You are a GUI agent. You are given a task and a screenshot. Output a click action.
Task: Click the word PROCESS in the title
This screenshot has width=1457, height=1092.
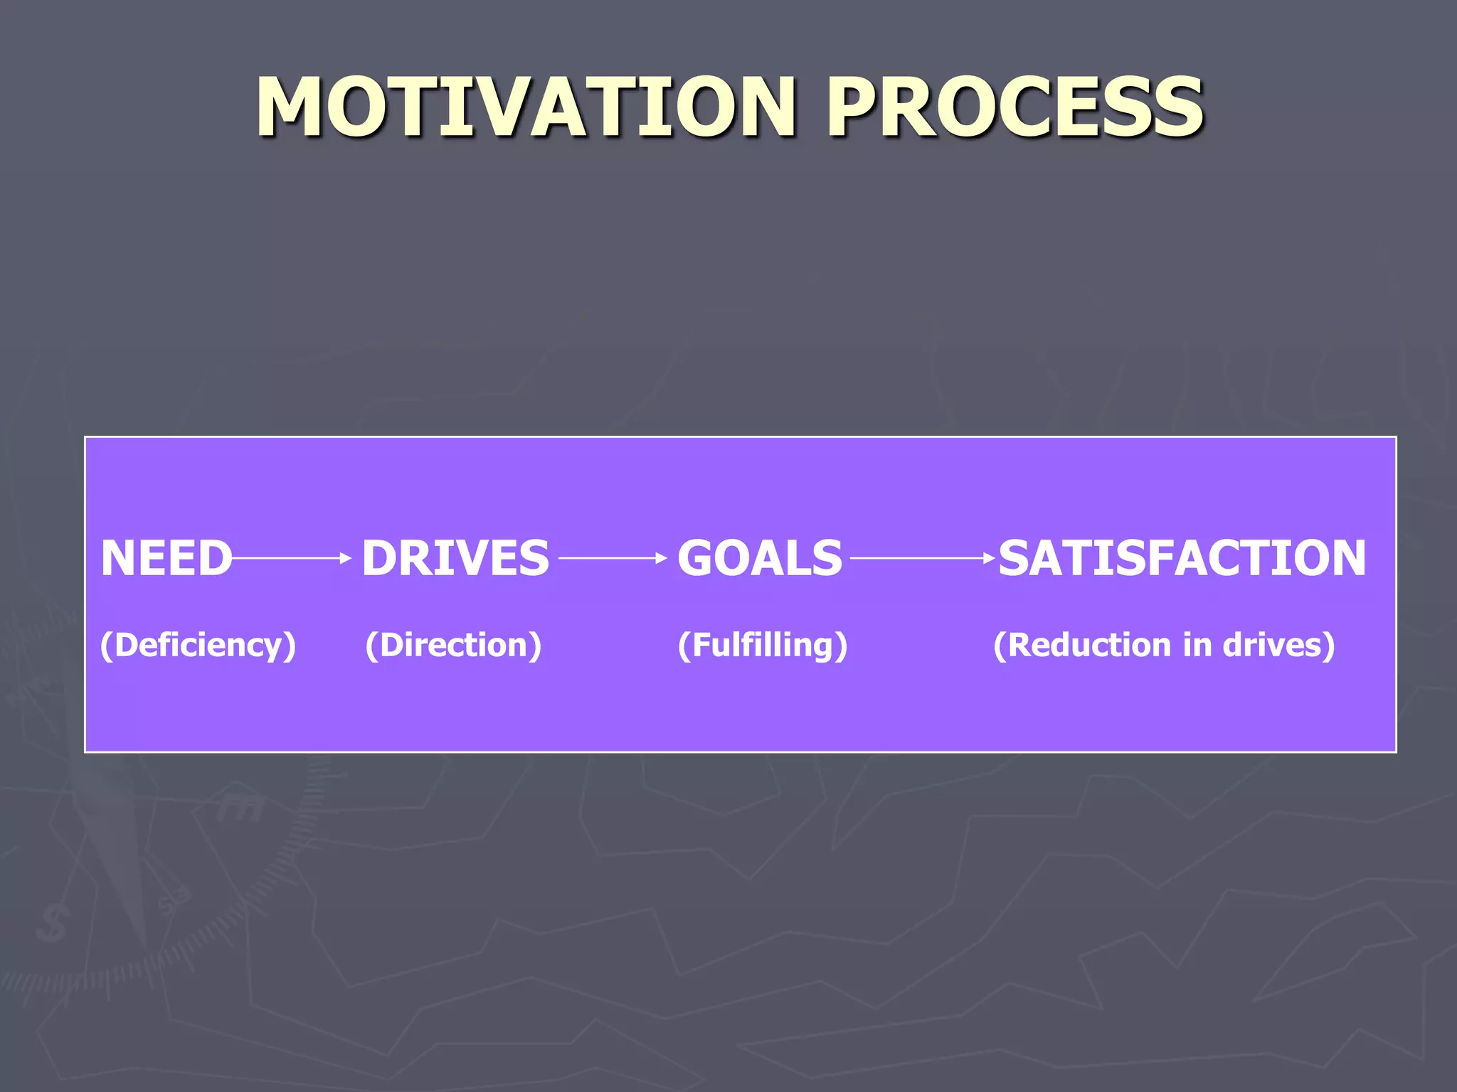coord(1014,107)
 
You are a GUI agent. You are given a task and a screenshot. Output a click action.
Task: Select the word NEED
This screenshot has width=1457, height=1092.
coord(166,558)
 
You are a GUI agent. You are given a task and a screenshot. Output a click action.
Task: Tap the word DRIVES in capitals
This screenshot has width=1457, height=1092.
coord(455,558)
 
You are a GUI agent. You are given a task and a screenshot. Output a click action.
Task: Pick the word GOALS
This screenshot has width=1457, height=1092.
coord(759,558)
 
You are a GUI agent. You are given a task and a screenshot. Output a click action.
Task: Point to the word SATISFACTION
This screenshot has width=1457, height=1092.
coord(1182,558)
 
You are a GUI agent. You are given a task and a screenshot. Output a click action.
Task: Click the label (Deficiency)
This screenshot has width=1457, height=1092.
coord(198,646)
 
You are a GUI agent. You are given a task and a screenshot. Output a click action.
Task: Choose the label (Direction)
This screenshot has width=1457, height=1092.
coord(453,646)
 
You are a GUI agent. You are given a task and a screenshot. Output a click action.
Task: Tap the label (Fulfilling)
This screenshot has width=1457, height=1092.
coord(762,646)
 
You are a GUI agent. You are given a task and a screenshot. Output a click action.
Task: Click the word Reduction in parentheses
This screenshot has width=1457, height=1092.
coord(1088,646)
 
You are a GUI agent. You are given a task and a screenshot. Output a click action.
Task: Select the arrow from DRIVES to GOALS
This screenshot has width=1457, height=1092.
coord(612,559)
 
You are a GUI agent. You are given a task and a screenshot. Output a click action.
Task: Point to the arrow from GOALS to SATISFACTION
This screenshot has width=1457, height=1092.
coord(921,559)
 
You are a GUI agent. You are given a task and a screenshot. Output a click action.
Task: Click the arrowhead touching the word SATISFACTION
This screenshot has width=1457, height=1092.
coord(990,559)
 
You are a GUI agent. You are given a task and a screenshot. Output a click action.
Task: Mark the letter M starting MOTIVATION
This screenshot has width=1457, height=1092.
coord(292,107)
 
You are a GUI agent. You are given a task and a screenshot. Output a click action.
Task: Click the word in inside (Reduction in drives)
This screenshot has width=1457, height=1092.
coord(1197,646)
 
